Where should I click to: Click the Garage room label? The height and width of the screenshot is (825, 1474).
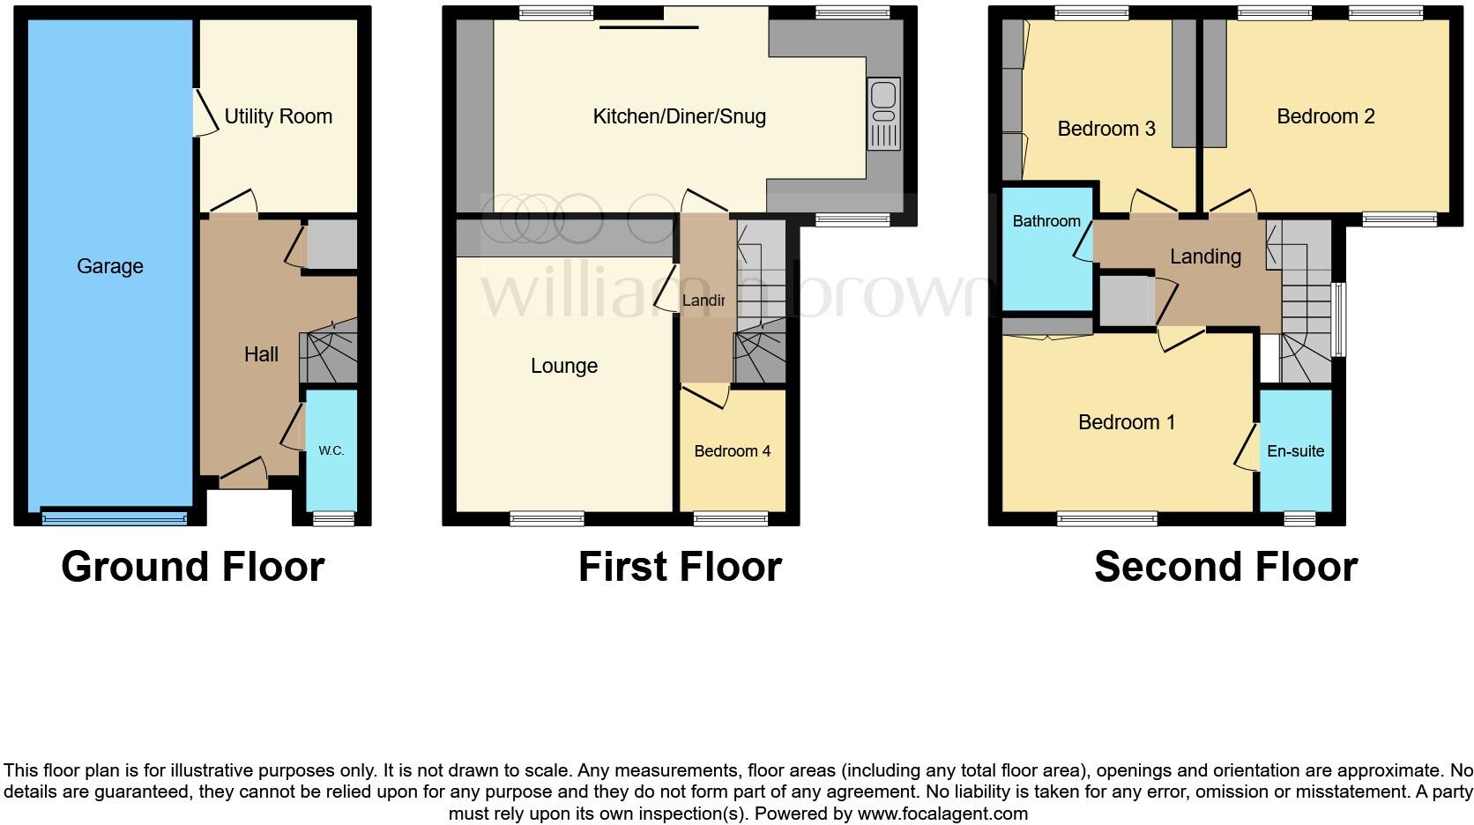(109, 266)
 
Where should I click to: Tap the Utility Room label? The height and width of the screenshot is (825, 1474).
(278, 116)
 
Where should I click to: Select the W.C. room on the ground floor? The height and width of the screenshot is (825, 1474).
(331, 450)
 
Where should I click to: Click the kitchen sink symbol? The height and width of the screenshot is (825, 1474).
(883, 113)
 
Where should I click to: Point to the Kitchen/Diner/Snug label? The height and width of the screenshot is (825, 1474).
(679, 116)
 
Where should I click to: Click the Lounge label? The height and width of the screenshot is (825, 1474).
(564, 366)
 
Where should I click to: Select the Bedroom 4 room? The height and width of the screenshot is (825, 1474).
(732, 451)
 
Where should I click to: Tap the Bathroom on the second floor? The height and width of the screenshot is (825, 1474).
(1046, 221)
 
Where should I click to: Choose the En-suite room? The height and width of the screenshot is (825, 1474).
(1295, 451)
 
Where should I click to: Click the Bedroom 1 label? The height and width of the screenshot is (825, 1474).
(1127, 422)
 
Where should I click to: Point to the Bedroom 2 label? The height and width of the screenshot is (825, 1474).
(1325, 116)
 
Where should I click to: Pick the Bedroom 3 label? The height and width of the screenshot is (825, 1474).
(1106, 129)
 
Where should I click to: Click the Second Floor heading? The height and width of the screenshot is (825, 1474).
(1225, 567)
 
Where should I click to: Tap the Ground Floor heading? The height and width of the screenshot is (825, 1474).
(193, 567)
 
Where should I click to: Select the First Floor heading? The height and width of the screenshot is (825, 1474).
(680, 567)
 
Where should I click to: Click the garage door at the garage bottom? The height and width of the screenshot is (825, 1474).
(115, 518)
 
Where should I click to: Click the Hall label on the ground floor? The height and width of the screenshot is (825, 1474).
(261, 354)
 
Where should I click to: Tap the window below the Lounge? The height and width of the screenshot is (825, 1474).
(547, 519)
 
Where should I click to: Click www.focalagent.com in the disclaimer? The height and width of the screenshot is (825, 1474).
(942, 814)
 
